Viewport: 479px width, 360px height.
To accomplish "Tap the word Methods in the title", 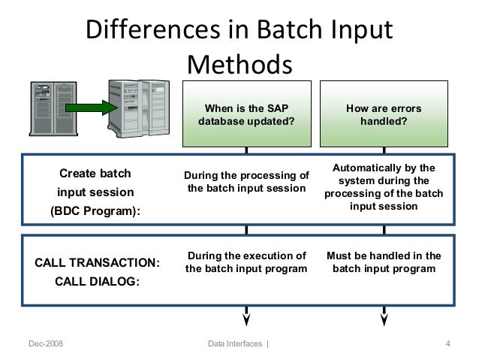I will point(238,65).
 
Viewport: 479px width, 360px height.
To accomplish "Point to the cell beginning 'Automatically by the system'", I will point(383,184).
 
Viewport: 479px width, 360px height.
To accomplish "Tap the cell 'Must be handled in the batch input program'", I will point(383,262).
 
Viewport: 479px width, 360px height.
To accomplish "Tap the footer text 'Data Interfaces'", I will point(236,344).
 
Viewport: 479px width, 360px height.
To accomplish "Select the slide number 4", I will point(447,344).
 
